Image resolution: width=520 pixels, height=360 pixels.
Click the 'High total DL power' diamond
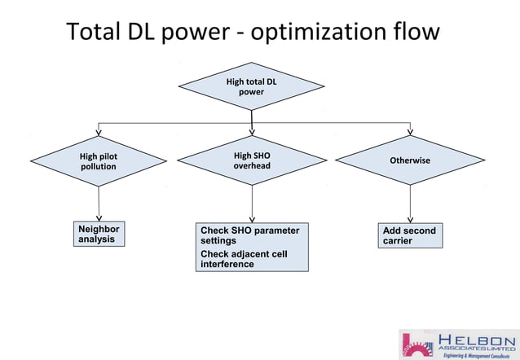coord(251,86)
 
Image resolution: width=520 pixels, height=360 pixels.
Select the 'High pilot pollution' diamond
coord(98,160)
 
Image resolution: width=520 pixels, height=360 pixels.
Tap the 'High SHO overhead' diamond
coord(252,160)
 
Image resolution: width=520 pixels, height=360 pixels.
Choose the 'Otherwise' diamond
coord(410,160)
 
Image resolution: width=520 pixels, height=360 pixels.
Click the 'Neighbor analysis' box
coord(99,235)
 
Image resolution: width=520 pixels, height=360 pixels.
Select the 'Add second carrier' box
coord(410,235)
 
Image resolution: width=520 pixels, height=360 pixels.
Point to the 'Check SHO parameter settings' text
coord(249,235)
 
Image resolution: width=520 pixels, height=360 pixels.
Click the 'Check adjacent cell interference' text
coord(244,259)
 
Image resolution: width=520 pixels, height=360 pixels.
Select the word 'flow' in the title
coord(416,33)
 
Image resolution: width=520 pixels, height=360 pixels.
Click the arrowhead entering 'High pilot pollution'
coord(99,131)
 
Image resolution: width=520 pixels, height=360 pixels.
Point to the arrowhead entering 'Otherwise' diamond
coord(410,131)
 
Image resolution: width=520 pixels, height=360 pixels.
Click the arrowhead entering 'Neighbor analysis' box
coord(99,218)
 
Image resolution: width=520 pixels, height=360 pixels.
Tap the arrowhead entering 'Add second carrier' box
coord(410,219)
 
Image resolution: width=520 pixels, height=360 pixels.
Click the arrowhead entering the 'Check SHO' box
coord(252,219)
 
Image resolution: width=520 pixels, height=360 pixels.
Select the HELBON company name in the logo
coord(477,339)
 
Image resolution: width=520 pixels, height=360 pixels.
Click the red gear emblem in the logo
coord(418,344)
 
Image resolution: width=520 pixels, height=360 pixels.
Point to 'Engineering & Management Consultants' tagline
coord(476,355)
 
